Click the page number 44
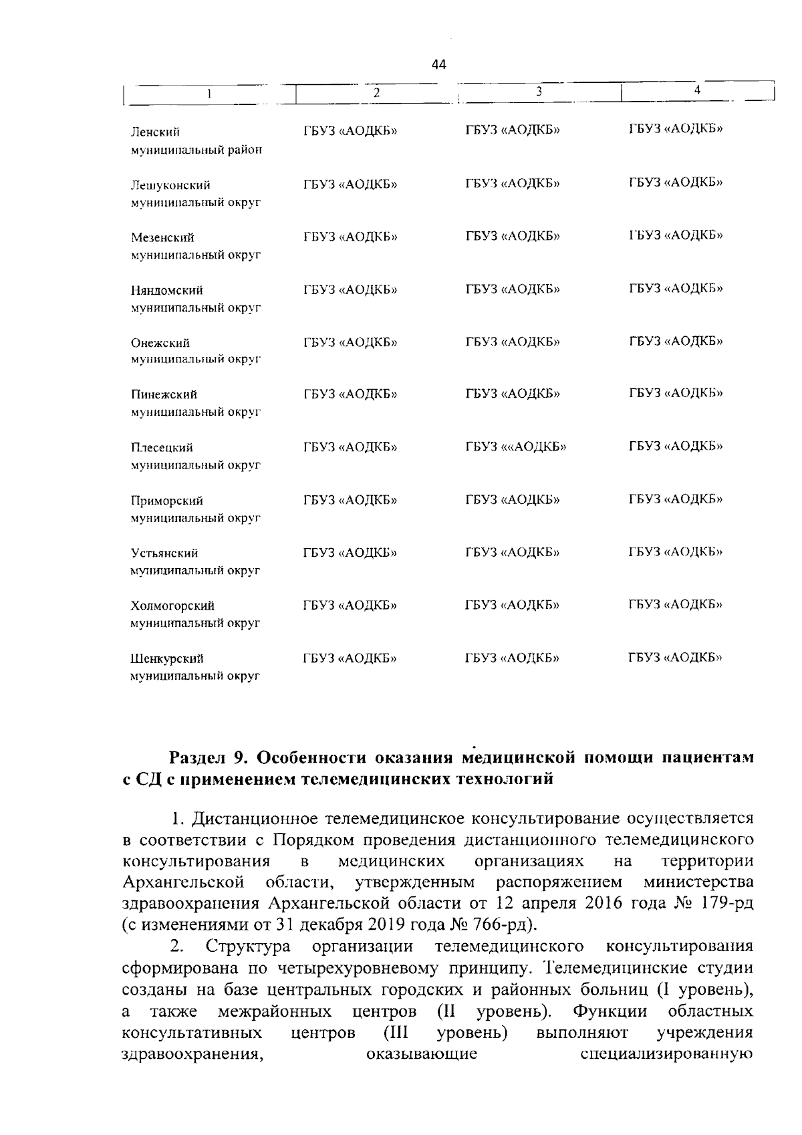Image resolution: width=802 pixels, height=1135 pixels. (438, 65)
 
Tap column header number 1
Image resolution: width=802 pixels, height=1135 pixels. (209, 94)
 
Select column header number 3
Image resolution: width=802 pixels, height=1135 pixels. (538, 91)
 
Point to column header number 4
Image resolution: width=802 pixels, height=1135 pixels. (697, 89)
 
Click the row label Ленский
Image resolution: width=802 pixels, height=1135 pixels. (156, 132)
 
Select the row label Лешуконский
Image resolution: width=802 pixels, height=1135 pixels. (170, 185)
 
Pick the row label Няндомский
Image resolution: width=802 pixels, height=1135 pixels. (167, 290)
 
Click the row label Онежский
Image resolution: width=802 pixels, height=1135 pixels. (160, 343)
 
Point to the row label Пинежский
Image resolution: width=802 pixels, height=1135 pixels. (164, 395)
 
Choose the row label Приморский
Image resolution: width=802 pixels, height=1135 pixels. (166, 501)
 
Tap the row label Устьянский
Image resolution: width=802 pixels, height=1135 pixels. (164, 553)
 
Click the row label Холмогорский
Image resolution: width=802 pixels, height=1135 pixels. (172, 606)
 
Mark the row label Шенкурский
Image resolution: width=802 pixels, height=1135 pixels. (166, 658)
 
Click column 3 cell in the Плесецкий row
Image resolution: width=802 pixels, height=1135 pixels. (516, 447)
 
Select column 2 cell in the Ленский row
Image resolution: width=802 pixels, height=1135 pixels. (350, 130)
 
